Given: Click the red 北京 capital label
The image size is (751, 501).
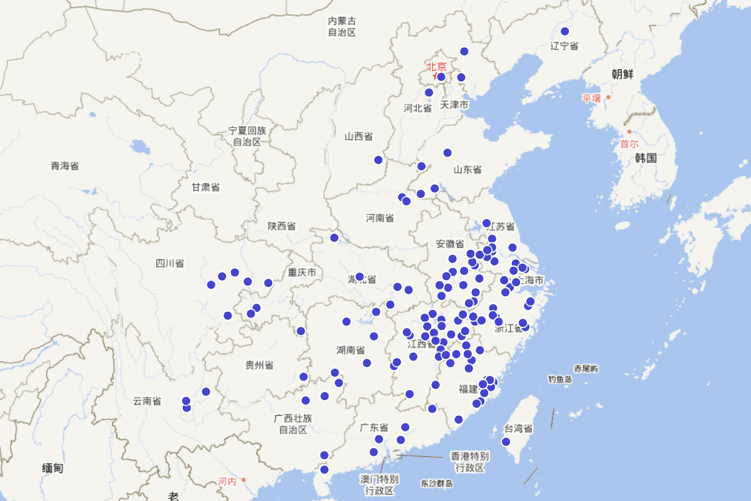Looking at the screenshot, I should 437,66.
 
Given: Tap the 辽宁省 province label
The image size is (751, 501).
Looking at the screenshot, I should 564,46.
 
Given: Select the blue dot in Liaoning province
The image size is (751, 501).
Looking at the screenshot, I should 565,31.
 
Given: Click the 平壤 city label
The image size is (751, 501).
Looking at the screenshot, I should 591,98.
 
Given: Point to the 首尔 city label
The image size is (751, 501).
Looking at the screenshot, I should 629,143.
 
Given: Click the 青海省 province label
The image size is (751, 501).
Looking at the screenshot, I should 64,166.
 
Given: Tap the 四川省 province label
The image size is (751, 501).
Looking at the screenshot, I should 170,263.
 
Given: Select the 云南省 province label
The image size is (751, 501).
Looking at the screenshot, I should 147,401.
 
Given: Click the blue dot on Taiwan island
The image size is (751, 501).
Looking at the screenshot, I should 506,442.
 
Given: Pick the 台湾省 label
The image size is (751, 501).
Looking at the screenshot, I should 518,429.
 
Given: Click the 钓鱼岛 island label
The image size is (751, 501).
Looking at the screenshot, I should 560,380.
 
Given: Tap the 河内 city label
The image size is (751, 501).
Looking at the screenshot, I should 227,481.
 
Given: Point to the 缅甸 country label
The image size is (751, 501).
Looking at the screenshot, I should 53,468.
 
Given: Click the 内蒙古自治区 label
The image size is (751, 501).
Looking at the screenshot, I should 342,26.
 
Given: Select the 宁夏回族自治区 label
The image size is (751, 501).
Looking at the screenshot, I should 247,136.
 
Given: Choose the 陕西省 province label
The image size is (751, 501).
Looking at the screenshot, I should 282,226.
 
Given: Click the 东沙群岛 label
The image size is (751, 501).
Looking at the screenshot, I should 436,483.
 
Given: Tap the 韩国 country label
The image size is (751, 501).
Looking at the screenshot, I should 645,158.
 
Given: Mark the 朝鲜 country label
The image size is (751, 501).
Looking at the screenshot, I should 623,75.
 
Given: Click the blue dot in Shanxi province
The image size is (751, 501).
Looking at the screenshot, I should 378,160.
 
